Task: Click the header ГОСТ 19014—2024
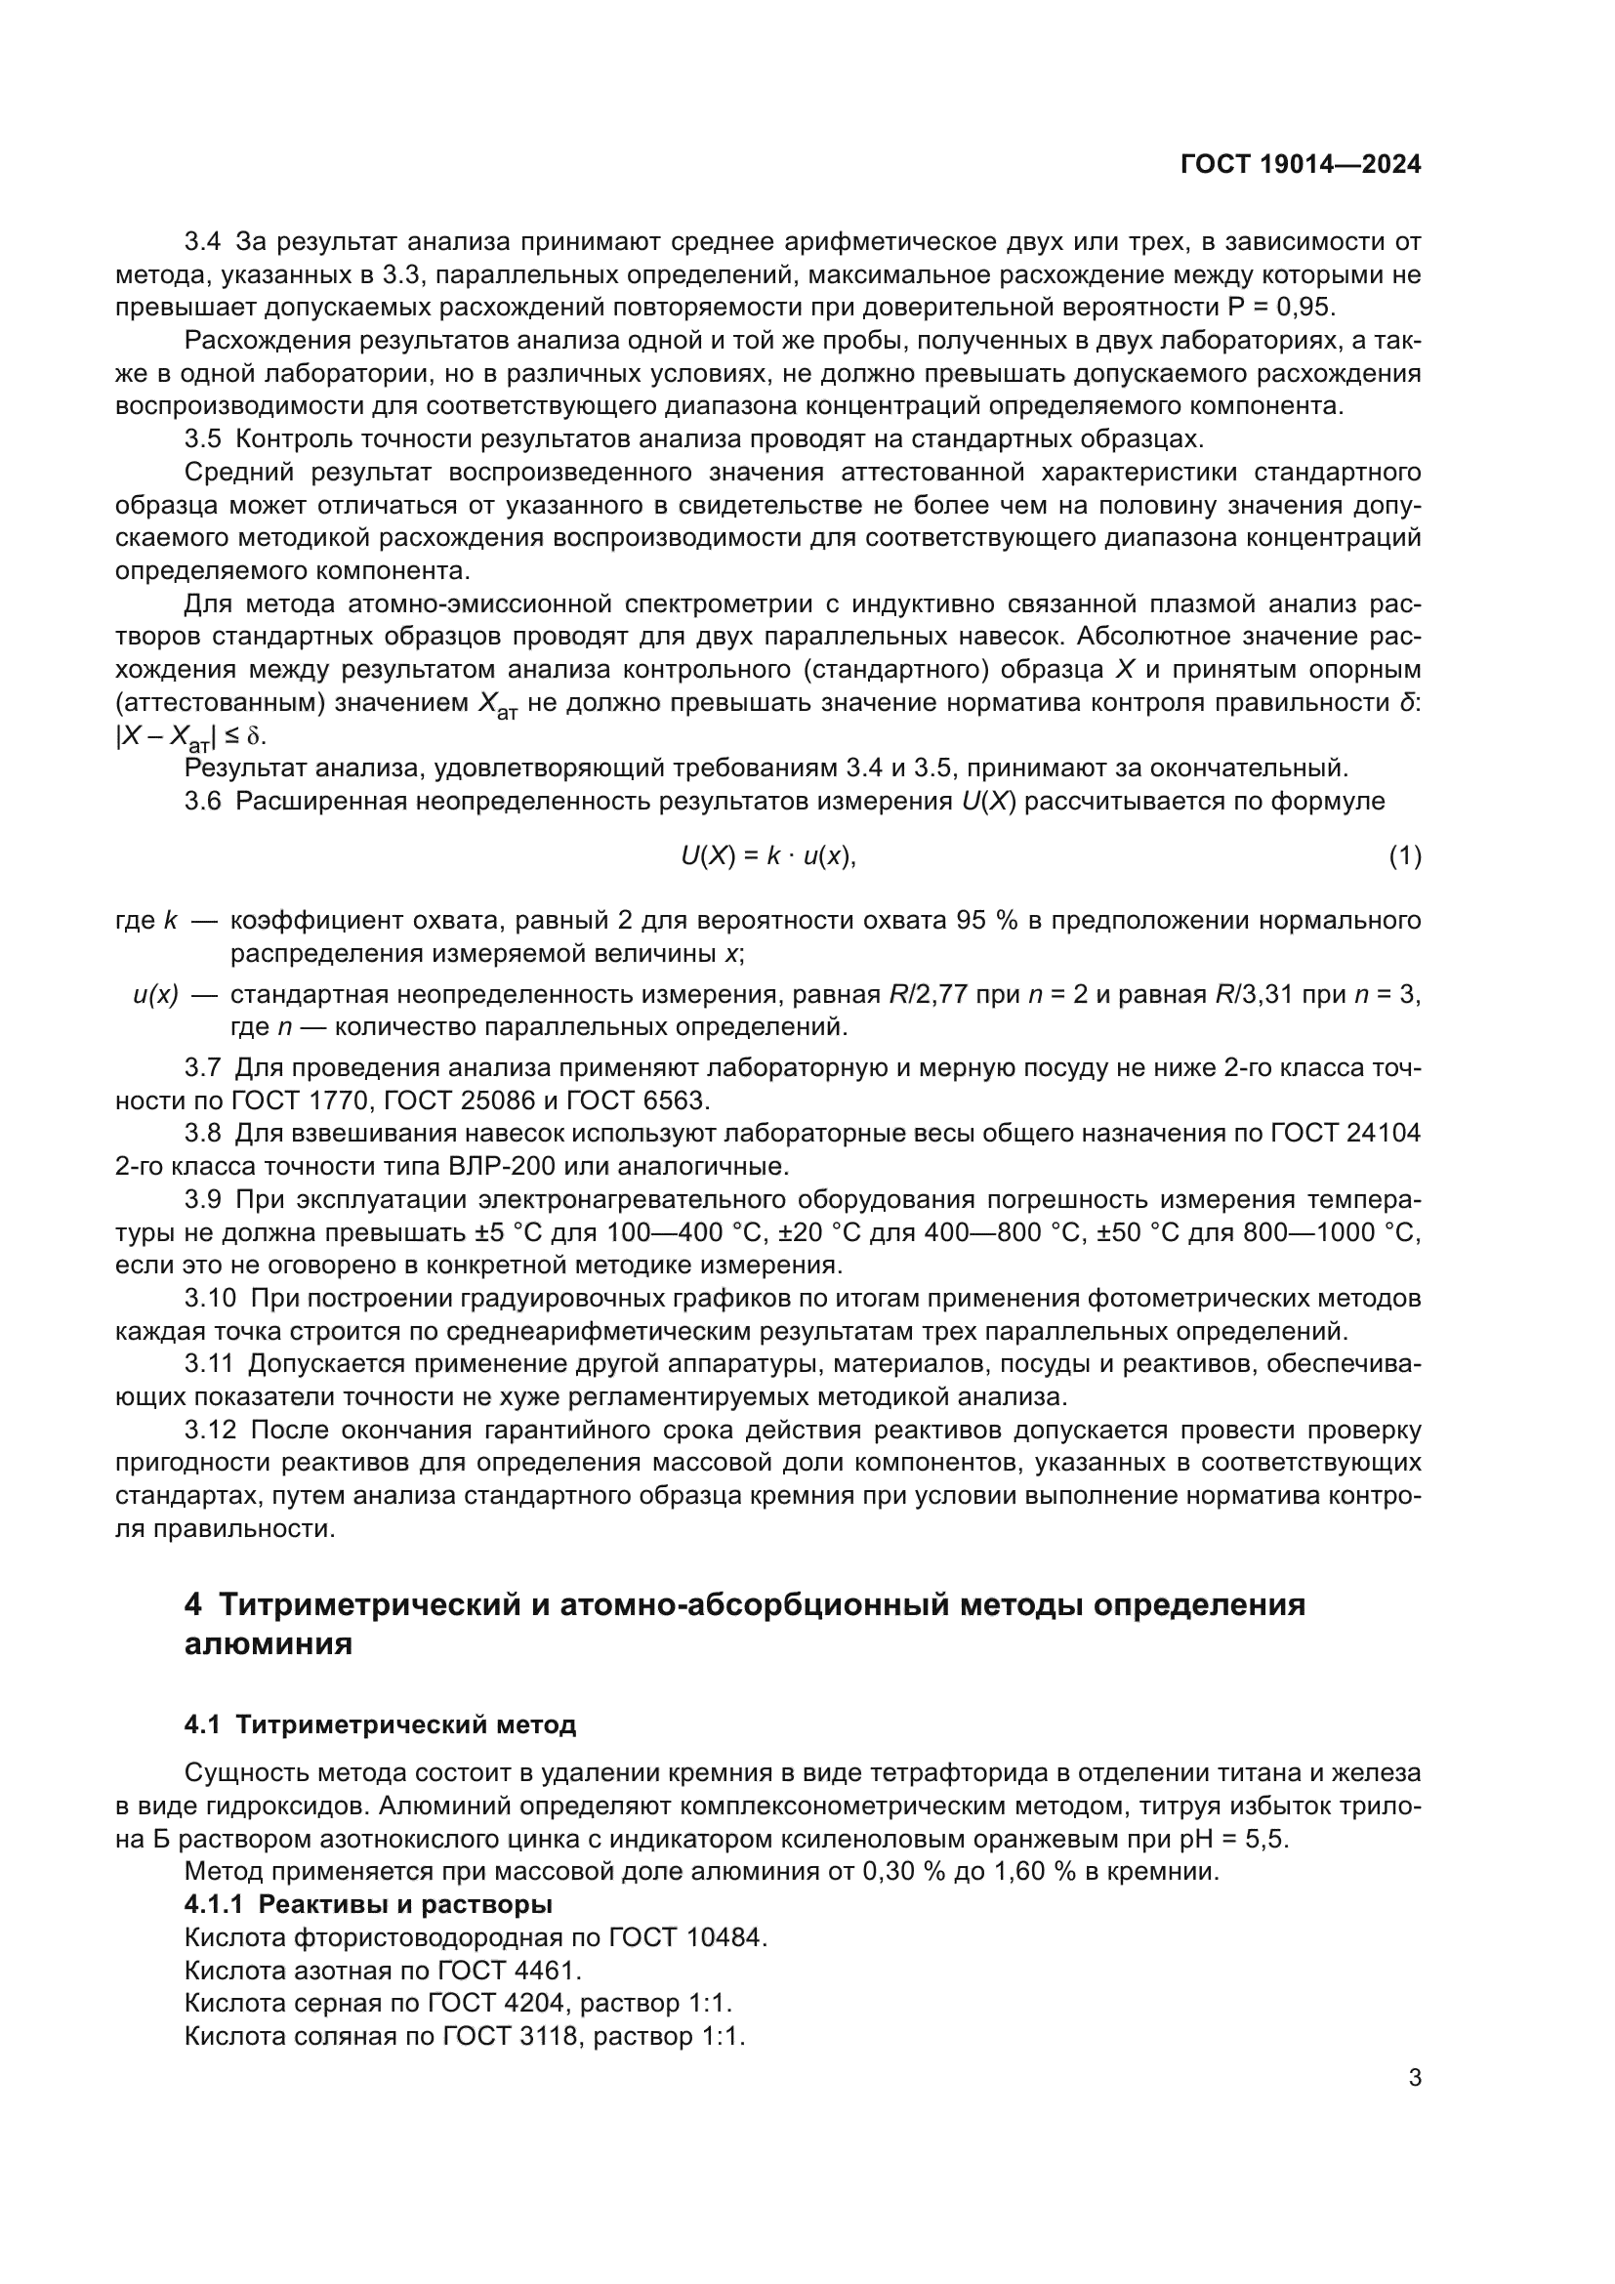pos(1300,164)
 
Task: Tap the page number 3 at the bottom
pos(1414,2078)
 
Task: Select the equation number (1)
pos(1404,856)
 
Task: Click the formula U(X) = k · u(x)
pos(767,856)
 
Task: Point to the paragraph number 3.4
pos(203,242)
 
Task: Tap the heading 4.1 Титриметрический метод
pos(380,1723)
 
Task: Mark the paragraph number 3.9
pos(203,1199)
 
